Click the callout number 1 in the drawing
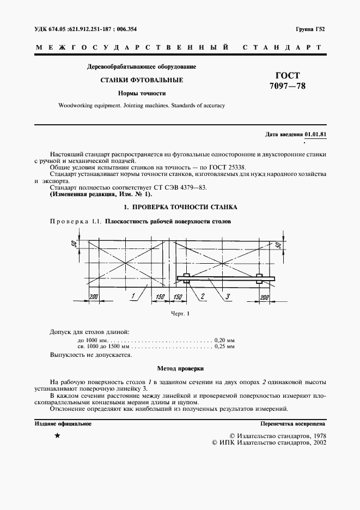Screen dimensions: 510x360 132,296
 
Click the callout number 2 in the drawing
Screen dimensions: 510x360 202,296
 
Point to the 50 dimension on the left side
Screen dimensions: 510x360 74,244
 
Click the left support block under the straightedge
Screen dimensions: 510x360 186,278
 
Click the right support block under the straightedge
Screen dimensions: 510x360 259,278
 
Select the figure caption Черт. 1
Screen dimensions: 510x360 179,314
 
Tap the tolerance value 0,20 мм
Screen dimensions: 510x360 224,339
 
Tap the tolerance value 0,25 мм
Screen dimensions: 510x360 224,347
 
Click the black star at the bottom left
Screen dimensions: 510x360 57,436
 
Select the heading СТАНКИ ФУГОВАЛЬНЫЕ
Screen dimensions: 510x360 141,81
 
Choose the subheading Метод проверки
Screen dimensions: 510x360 180,368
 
